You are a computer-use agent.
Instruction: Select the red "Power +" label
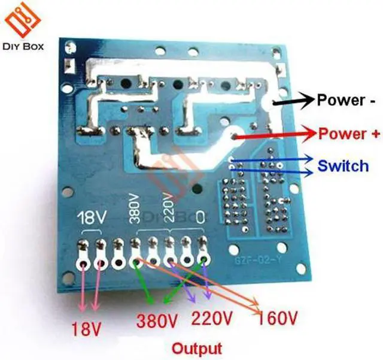(349, 134)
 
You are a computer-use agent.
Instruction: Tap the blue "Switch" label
(344, 165)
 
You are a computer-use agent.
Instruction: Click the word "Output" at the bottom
(197, 348)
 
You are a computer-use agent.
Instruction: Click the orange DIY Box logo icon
(23, 22)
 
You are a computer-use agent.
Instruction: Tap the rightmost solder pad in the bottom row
(205, 259)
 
